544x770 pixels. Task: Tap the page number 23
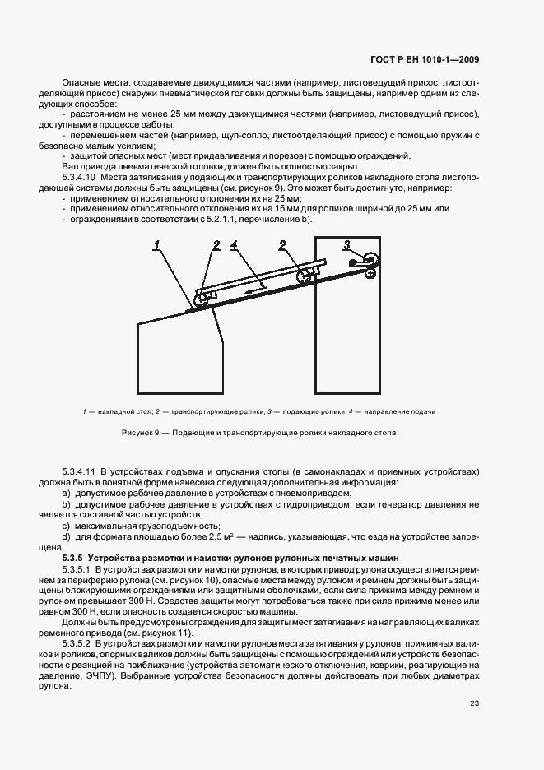point(475,703)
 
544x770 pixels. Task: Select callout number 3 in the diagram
point(346,245)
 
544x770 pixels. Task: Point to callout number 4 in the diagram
point(234,245)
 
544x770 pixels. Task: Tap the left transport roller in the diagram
point(202,299)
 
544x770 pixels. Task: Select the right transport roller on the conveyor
point(305,276)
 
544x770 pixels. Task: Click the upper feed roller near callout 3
point(371,260)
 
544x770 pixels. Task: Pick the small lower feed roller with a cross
point(372,273)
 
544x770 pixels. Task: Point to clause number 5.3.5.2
point(77,642)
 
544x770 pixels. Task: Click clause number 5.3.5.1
point(77,568)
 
